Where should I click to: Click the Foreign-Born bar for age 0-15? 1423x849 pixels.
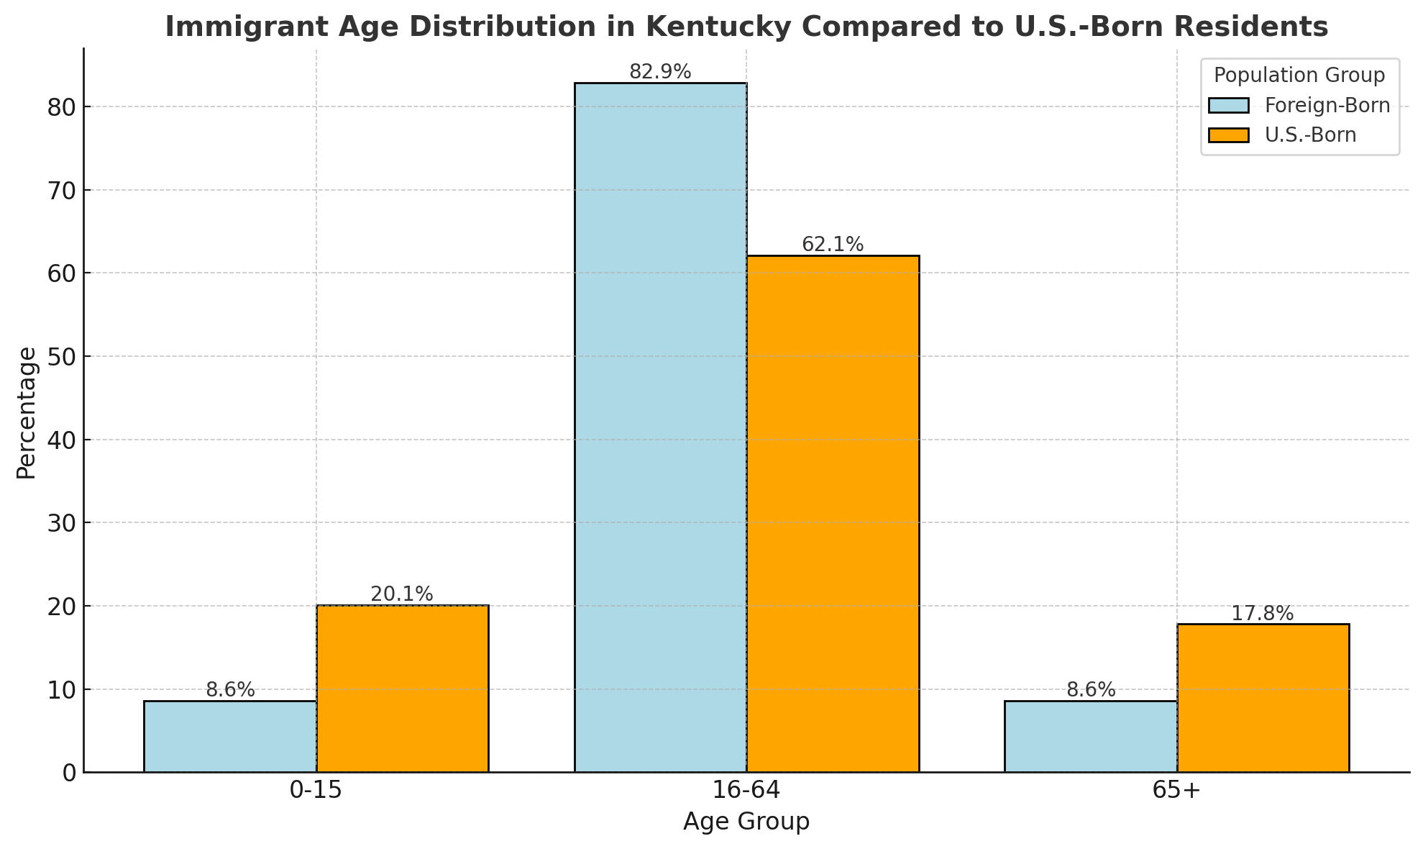click(x=230, y=737)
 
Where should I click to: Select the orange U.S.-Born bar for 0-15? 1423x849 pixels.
click(x=403, y=689)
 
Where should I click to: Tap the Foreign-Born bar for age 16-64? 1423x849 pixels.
click(x=660, y=427)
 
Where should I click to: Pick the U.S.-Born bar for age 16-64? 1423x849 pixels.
click(x=833, y=514)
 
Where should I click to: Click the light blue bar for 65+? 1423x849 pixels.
click(x=1091, y=737)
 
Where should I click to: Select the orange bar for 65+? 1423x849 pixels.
click(x=1263, y=698)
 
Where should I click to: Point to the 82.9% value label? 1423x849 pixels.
click(x=660, y=72)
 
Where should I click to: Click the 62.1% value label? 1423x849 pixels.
click(x=833, y=245)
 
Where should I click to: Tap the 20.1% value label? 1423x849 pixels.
click(x=402, y=594)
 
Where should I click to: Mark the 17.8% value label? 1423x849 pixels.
click(x=1263, y=614)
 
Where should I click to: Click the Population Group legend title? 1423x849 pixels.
click(x=1299, y=76)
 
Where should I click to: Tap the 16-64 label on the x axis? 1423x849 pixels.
click(x=746, y=791)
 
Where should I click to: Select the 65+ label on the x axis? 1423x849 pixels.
click(x=1176, y=791)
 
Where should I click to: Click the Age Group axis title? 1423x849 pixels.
click(x=746, y=822)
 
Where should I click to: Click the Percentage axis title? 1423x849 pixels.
click(x=27, y=413)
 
